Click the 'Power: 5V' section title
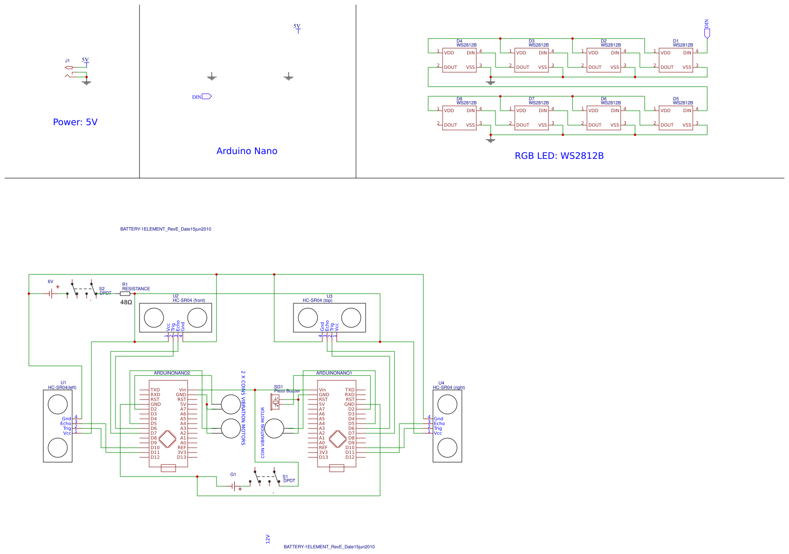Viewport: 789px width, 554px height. [75, 122]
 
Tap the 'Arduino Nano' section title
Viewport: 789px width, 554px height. [247, 151]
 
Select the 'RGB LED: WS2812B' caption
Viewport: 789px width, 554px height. [559, 156]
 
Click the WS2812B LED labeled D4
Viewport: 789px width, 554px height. [459, 60]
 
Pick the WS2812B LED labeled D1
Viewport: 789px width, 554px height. [676, 60]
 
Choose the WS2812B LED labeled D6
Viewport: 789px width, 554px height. [604, 118]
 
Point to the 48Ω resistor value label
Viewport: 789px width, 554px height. [126, 302]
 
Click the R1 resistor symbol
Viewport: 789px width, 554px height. [125, 294]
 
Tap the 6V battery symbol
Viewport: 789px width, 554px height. [51, 294]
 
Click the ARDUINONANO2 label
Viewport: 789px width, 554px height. [172, 373]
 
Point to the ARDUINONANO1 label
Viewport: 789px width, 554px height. [334, 373]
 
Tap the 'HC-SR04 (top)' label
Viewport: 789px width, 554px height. [318, 300]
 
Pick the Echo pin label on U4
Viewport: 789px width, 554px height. [439, 424]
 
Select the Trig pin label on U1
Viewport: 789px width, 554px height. [67, 428]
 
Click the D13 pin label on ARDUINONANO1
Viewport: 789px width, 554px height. [323, 457]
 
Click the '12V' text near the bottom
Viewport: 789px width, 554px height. [268, 539]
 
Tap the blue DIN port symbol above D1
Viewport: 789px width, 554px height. [707, 33]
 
